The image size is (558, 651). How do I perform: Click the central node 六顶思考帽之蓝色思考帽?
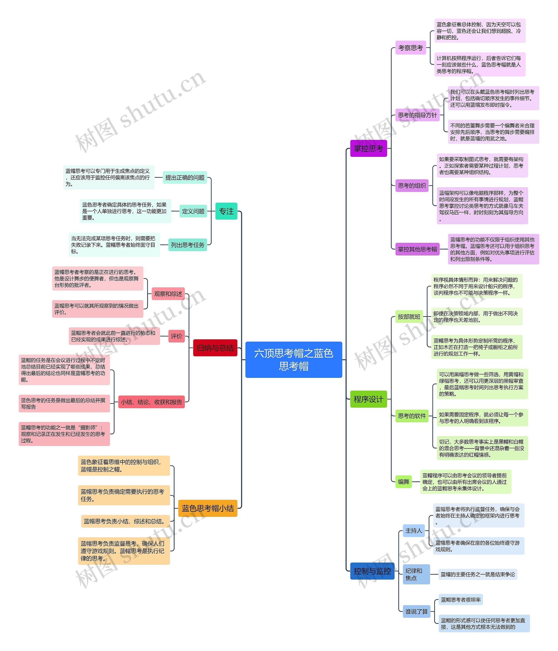(293, 359)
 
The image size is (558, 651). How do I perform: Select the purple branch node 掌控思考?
(368, 148)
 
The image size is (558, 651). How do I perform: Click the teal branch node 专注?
(226, 211)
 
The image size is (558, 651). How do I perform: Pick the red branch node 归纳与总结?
(215, 348)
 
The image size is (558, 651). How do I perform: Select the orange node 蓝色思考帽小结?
(208, 508)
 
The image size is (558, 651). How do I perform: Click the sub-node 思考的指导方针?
(417, 115)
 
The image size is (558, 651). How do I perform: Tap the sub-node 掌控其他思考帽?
(417, 249)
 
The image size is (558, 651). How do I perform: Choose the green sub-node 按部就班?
(409, 316)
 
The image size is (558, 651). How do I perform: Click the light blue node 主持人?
(413, 531)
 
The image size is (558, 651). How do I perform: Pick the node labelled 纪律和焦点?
(416, 574)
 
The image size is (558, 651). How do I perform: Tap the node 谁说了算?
(416, 611)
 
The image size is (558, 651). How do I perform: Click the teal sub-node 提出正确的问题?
(185, 178)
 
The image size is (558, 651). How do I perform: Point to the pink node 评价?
(176, 336)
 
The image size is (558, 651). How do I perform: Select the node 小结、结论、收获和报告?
(151, 402)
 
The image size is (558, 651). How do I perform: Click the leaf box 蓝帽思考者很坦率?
(461, 599)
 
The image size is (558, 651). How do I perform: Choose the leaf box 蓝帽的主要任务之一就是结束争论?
(478, 574)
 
